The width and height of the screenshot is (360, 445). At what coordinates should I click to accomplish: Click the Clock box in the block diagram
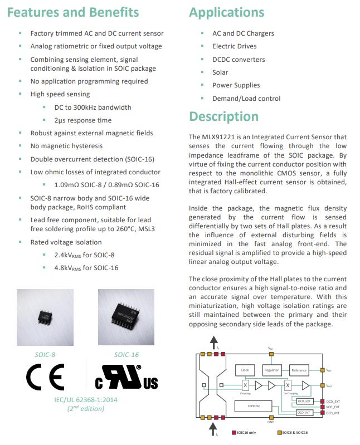(x=245, y=370)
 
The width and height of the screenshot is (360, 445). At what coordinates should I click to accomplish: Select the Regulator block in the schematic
(x=271, y=370)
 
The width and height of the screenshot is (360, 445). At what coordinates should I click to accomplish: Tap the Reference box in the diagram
(x=299, y=370)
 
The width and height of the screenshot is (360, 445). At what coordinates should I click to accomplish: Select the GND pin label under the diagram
(x=271, y=422)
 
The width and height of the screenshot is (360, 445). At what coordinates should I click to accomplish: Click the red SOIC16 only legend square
(x=233, y=433)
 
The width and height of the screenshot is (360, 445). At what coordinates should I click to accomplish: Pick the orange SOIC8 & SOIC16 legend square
(x=279, y=433)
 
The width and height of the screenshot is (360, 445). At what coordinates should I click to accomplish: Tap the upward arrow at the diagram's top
(x=213, y=342)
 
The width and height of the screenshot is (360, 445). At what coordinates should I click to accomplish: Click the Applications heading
(x=227, y=12)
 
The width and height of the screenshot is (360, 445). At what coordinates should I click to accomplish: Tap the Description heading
(x=223, y=116)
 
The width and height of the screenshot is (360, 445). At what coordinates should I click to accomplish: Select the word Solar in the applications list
(x=220, y=72)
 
